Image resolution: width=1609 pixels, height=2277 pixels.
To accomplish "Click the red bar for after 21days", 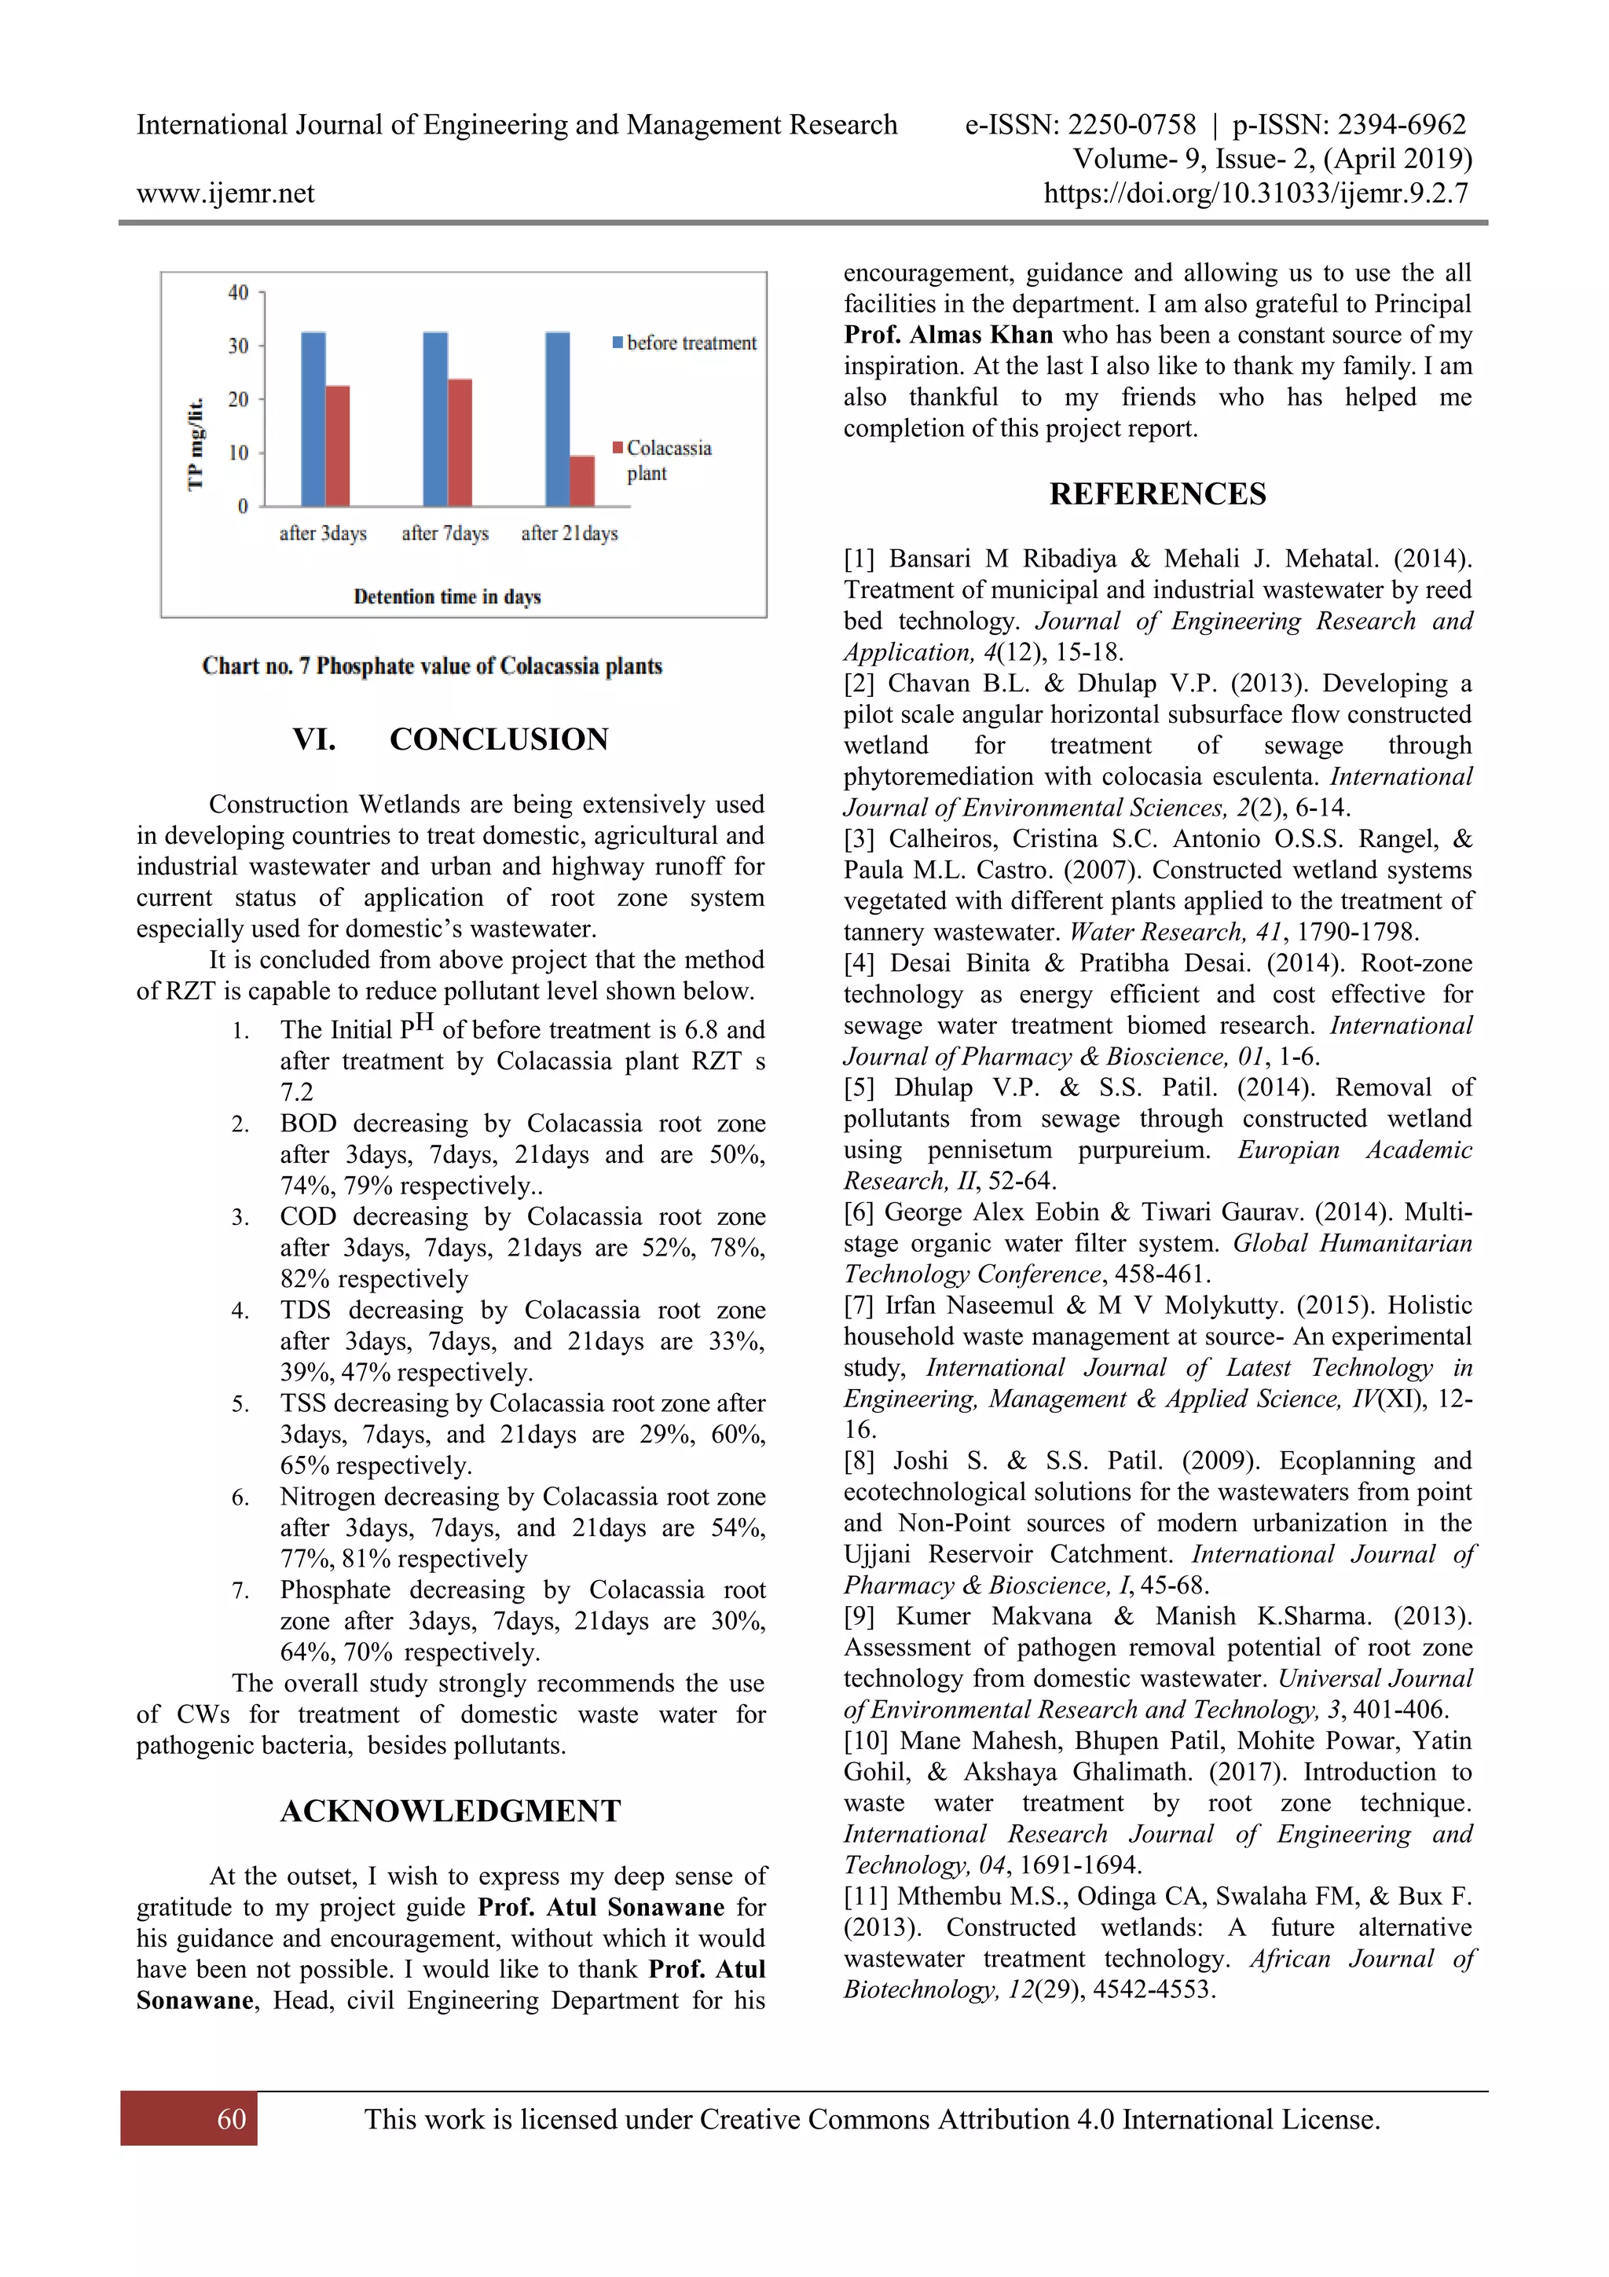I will coord(582,481).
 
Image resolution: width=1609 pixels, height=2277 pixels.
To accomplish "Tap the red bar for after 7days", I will coord(459,442).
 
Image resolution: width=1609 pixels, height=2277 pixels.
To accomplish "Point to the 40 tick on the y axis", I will coord(238,292).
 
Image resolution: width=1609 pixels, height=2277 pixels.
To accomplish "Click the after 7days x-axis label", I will coord(445,533).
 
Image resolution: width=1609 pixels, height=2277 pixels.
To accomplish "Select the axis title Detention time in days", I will coord(447,597).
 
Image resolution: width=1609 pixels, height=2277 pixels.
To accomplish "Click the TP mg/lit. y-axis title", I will coord(196,443).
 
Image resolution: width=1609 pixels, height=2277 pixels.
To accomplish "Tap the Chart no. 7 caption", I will coord(432,666).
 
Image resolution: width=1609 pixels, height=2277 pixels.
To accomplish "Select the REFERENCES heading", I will coord(1157,494).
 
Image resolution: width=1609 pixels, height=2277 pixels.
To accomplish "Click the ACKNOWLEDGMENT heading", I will coord(450,1811).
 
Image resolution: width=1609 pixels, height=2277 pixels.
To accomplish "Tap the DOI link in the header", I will coord(1255,193).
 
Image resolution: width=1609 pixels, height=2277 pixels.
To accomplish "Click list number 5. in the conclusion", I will coord(241,1404).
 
